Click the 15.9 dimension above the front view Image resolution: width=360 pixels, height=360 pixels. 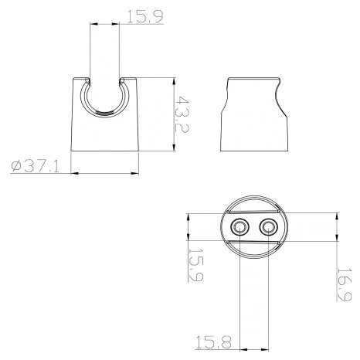(x=145, y=17)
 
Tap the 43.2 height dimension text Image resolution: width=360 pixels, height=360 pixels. (x=182, y=114)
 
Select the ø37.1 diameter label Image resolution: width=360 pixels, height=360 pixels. (x=35, y=166)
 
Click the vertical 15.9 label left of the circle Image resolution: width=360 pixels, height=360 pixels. (x=195, y=265)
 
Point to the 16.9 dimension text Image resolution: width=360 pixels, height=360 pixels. (x=344, y=284)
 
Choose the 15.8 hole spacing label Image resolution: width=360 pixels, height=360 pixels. (x=213, y=342)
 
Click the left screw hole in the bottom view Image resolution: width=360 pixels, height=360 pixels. (x=239, y=228)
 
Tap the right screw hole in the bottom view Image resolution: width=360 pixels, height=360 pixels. (x=269, y=228)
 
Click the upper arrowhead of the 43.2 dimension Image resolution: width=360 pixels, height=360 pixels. (x=175, y=81)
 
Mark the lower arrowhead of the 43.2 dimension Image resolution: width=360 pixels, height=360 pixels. (x=175, y=147)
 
